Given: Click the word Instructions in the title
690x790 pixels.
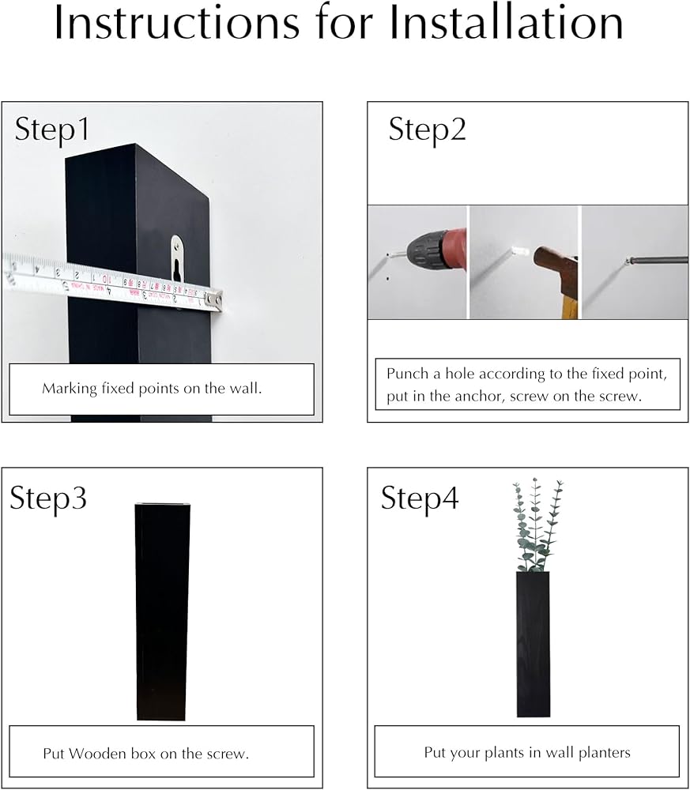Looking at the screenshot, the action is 176,22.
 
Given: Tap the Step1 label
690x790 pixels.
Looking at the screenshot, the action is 52,130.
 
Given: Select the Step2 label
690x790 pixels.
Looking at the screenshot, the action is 427,130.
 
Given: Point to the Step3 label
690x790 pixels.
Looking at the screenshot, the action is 48,498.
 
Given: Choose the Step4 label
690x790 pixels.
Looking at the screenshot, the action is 420,498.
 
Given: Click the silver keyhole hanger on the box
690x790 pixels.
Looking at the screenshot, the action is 176,258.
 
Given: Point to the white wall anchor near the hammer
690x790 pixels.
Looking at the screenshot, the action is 519,250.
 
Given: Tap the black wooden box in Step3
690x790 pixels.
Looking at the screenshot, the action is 162,611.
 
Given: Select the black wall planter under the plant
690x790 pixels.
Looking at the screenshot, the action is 533,644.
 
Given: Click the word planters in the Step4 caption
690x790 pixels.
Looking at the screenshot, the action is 605,753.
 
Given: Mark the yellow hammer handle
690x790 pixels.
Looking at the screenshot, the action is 569,304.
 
